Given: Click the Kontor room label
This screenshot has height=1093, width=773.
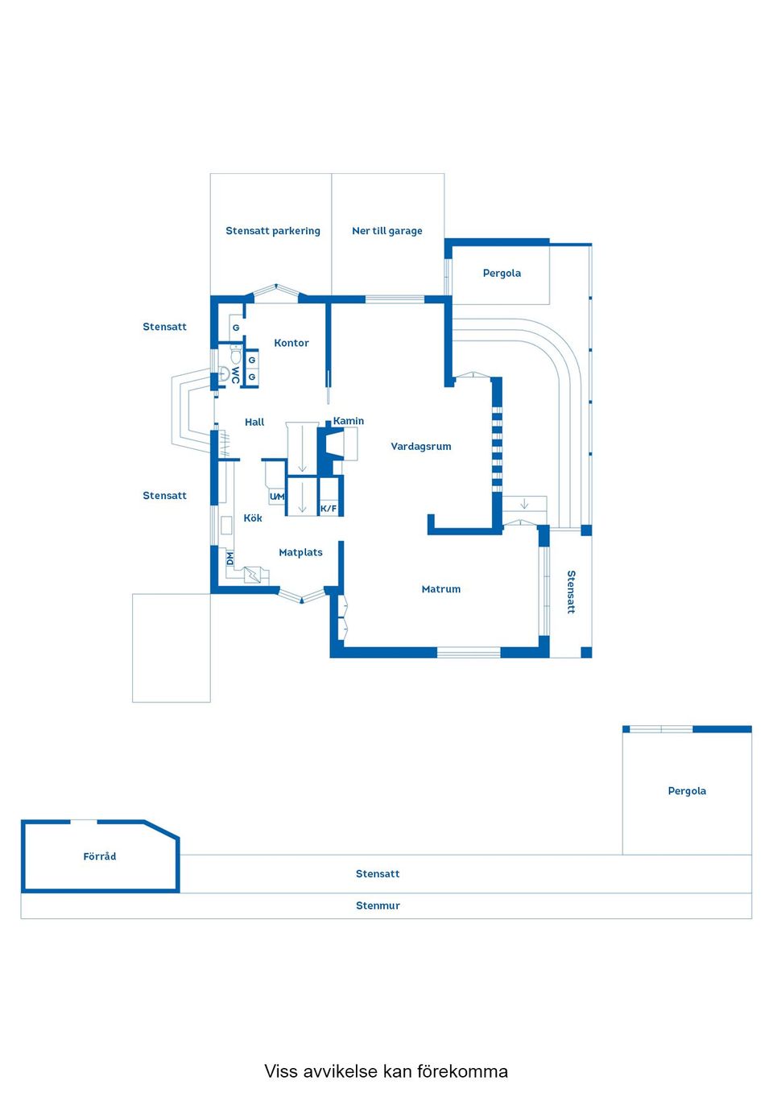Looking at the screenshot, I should pyautogui.click(x=291, y=343).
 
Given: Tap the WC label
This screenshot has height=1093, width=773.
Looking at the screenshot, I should pyautogui.click(x=235, y=375).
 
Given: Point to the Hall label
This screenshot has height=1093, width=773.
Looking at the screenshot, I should pyautogui.click(x=254, y=422).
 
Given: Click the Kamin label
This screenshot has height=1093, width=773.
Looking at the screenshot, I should pyautogui.click(x=349, y=421).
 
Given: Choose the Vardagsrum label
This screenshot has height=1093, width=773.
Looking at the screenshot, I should pyautogui.click(x=420, y=447).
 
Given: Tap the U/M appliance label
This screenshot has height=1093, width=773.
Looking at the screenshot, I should pyautogui.click(x=277, y=497).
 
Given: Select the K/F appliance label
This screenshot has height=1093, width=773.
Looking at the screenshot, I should pyautogui.click(x=329, y=509).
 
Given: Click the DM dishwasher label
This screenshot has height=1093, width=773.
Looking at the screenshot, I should pyautogui.click(x=229, y=557).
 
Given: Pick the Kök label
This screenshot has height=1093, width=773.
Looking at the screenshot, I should pyautogui.click(x=253, y=518).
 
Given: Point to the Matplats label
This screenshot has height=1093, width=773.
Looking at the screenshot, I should pyautogui.click(x=300, y=553).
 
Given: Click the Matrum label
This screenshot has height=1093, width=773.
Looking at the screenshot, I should pyautogui.click(x=440, y=589).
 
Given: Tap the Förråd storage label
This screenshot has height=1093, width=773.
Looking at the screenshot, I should pyautogui.click(x=100, y=856).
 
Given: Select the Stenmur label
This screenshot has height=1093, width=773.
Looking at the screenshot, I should pyautogui.click(x=378, y=905).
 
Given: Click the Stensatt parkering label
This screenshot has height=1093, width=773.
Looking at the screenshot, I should pyautogui.click(x=272, y=231).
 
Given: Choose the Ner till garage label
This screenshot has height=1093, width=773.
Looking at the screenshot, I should pyautogui.click(x=386, y=231).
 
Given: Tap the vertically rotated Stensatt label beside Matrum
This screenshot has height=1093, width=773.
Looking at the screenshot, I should pyautogui.click(x=571, y=592).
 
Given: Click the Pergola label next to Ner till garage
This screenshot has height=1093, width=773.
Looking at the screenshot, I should pyautogui.click(x=502, y=274).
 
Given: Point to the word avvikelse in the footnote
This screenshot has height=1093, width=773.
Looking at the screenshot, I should pyautogui.click(x=339, y=1071).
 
